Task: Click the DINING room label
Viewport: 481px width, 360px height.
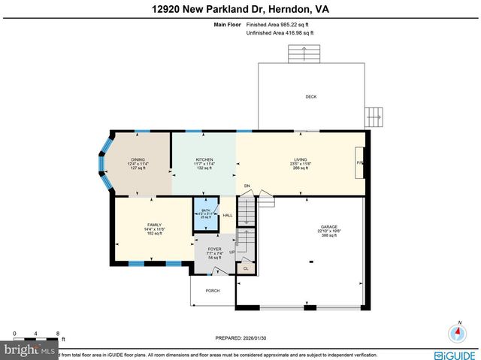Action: [138, 159]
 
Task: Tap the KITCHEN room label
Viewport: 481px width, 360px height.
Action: [204, 159]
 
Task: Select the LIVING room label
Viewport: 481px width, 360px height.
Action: [301, 159]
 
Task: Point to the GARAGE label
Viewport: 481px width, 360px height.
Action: [329, 227]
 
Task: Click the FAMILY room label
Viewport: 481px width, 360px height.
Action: [153, 225]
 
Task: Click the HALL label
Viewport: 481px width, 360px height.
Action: [228, 216]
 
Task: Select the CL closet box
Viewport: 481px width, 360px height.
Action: [246, 268]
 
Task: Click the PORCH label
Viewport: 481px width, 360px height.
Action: [213, 290]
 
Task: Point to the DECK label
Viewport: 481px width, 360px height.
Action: [310, 97]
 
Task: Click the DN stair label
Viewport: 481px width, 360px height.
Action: [247, 186]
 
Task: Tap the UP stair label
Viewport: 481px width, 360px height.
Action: [231, 253]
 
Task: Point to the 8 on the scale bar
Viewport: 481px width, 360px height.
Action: [58, 333]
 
